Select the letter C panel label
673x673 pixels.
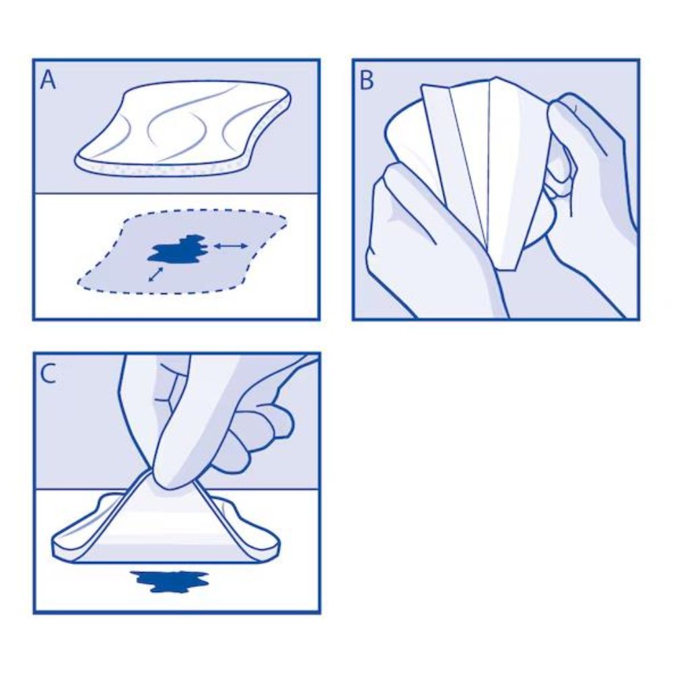48,374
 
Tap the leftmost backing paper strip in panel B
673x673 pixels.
441,155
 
